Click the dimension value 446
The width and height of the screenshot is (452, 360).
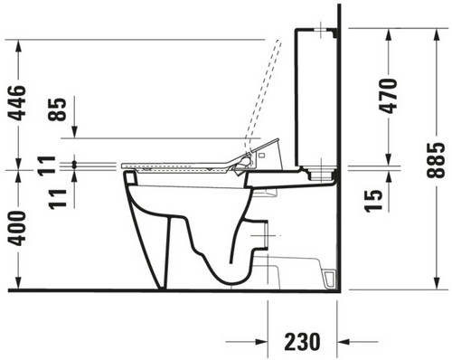click(16, 103)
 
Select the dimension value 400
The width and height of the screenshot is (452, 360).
click(16, 228)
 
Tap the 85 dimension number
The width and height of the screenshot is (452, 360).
click(57, 109)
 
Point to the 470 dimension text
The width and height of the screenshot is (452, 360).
click(388, 96)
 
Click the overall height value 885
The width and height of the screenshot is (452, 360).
click(436, 159)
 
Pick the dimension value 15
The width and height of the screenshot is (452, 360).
click(373, 201)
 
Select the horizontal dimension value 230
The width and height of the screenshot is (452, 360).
click(302, 342)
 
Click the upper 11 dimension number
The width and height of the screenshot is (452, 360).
click(46, 166)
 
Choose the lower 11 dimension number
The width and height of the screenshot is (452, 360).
click(58, 199)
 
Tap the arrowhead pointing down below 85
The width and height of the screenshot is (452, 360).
click(75, 132)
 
